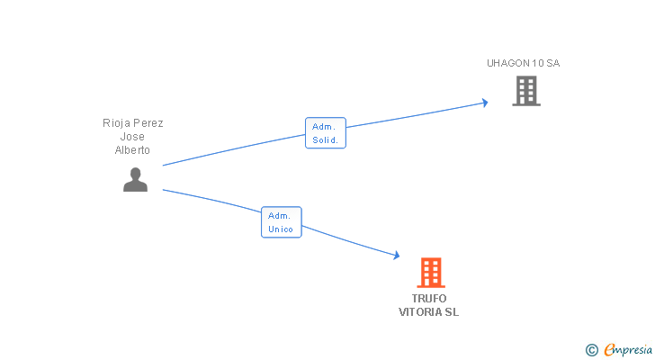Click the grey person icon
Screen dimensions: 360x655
click(135, 180)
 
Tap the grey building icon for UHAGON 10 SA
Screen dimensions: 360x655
click(526, 91)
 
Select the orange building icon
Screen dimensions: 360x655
click(431, 272)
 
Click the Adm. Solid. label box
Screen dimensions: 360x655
click(326, 133)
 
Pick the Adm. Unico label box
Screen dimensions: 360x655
click(281, 222)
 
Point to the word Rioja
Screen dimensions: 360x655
click(118, 122)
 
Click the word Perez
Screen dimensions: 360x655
click(148, 122)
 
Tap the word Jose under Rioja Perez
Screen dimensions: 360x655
click(133, 136)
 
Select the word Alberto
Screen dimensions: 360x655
click(133, 150)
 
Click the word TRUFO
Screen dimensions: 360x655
click(429, 299)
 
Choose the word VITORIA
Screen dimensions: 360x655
click(420, 312)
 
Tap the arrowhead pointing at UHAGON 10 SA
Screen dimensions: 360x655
click(485, 103)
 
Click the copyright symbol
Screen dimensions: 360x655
click(591, 350)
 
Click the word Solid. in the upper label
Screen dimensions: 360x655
click(325, 140)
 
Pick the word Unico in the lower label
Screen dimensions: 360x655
click(281, 229)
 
